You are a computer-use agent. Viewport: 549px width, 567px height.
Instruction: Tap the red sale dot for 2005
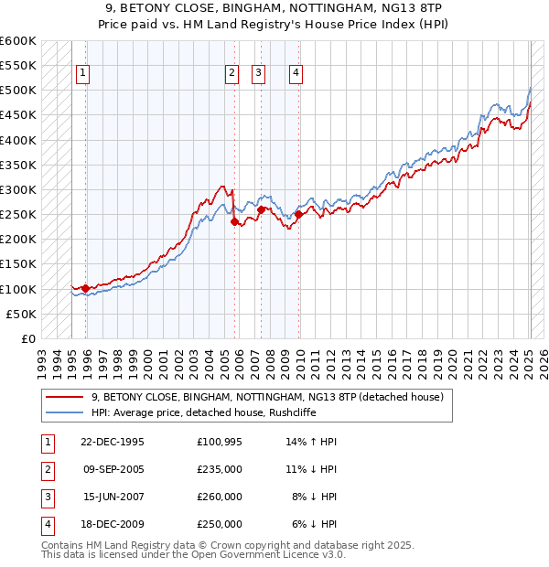(234, 221)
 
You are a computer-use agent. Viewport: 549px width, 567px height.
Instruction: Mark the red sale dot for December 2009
(298, 215)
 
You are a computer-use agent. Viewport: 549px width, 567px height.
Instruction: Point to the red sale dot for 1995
(86, 288)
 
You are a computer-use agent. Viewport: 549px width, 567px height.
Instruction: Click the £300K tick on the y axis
(18, 189)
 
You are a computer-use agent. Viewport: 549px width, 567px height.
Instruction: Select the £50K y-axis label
(21, 314)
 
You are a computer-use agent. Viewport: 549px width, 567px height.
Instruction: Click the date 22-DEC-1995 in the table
(113, 442)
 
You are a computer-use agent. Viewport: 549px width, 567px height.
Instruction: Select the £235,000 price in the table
(219, 469)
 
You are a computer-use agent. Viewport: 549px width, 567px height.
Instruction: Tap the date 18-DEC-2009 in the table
(113, 524)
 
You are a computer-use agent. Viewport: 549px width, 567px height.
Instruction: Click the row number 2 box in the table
(47, 469)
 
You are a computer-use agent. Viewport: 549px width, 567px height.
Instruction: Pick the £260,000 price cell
(219, 497)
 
